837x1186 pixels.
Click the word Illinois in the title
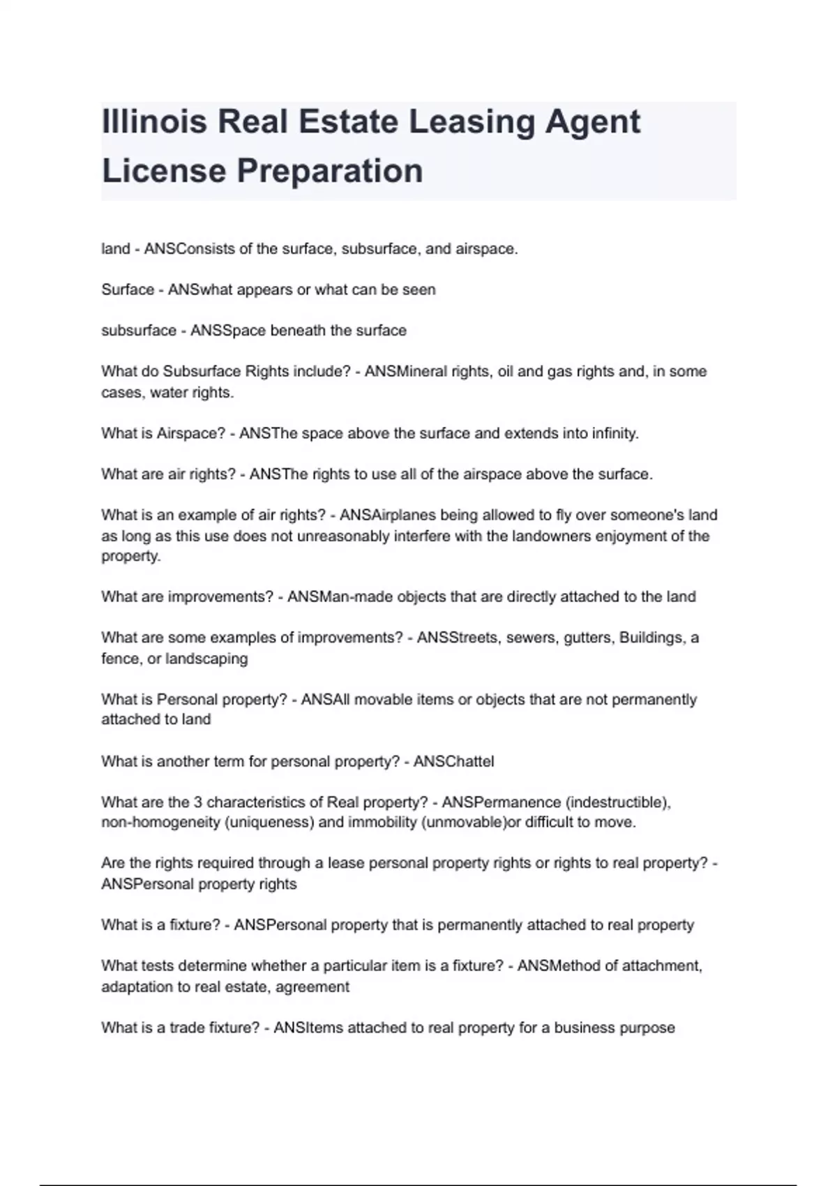pyautogui.click(x=154, y=121)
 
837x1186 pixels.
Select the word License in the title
pyautogui.click(x=164, y=171)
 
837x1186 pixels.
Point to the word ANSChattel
pyautogui.click(x=453, y=761)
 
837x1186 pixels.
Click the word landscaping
pyautogui.click(x=206, y=659)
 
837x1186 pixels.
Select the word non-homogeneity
pyautogui.click(x=160, y=823)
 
